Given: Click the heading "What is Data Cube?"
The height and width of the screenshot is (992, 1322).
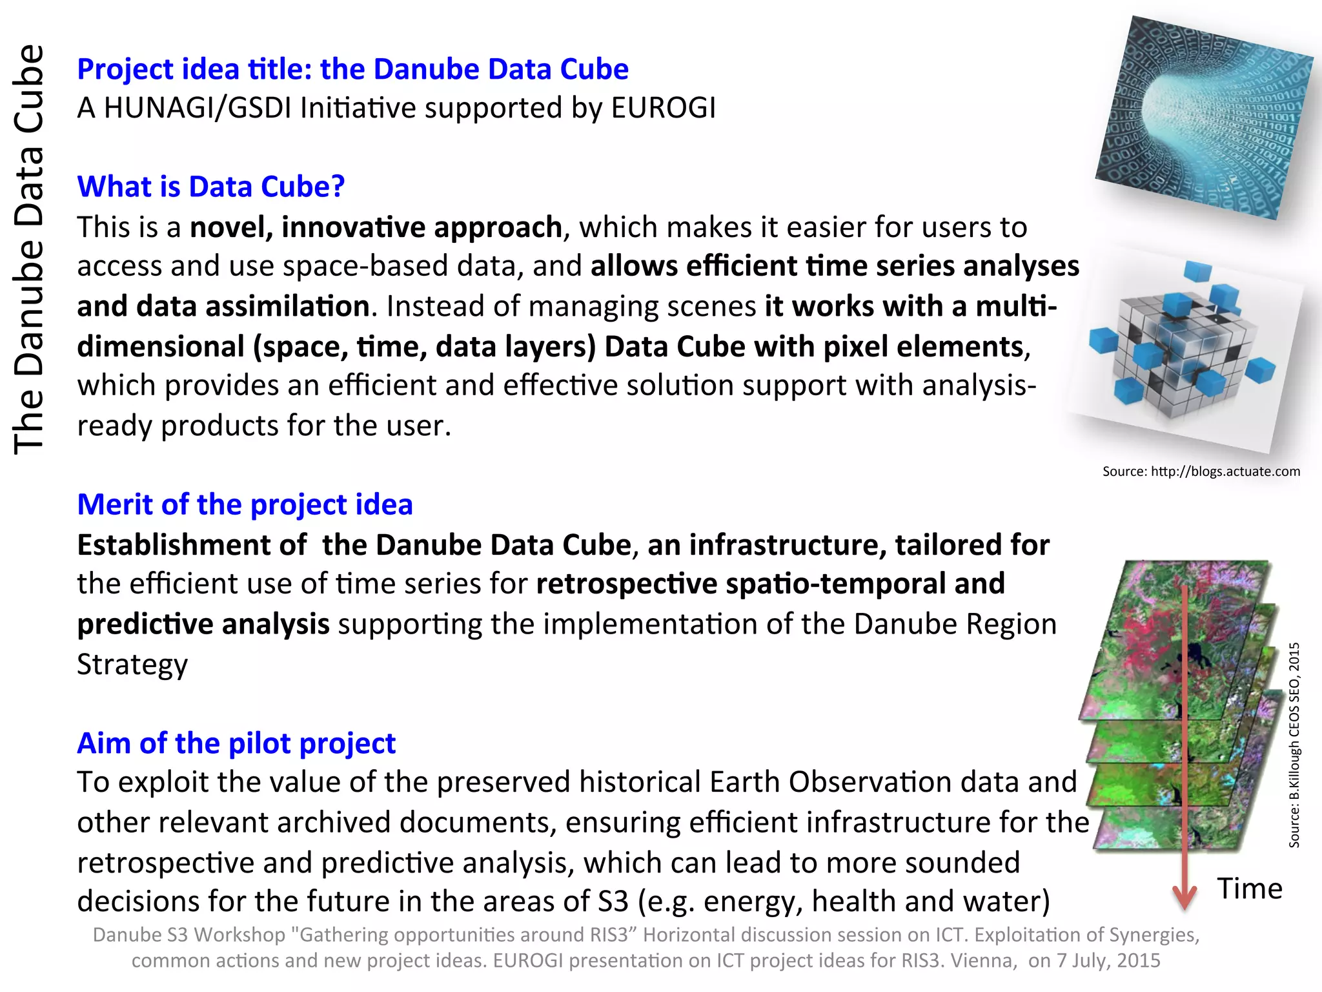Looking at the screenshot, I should click(211, 187).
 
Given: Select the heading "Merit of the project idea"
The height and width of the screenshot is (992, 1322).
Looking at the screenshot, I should click(245, 504).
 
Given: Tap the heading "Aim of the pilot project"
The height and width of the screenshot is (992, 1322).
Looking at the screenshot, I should click(236, 743).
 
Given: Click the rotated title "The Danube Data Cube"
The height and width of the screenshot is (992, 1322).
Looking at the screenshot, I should click(29, 249).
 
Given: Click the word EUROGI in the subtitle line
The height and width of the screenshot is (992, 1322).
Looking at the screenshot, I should click(663, 108).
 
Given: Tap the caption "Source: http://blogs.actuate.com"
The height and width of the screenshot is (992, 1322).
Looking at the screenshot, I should click(1201, 471).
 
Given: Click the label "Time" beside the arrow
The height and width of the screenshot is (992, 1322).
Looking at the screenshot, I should click(1249, 889).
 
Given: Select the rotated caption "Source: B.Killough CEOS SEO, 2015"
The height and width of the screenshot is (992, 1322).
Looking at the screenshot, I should click(1294, 745).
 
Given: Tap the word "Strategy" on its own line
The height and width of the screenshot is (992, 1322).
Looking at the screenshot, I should click(132, 665).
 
